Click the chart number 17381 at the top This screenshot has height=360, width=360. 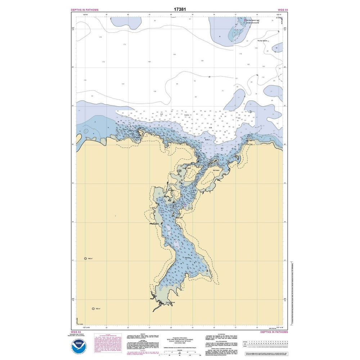180,9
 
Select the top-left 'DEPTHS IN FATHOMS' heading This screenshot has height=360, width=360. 85,10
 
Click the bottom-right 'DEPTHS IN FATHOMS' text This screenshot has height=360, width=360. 274,332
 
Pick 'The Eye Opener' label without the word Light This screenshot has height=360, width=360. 262,41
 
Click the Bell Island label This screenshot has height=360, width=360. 216,171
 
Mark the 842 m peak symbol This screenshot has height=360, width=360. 86,258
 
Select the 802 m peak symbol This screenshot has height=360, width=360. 94,309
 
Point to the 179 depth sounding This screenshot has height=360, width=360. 100,37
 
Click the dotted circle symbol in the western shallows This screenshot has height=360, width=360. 86,131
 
